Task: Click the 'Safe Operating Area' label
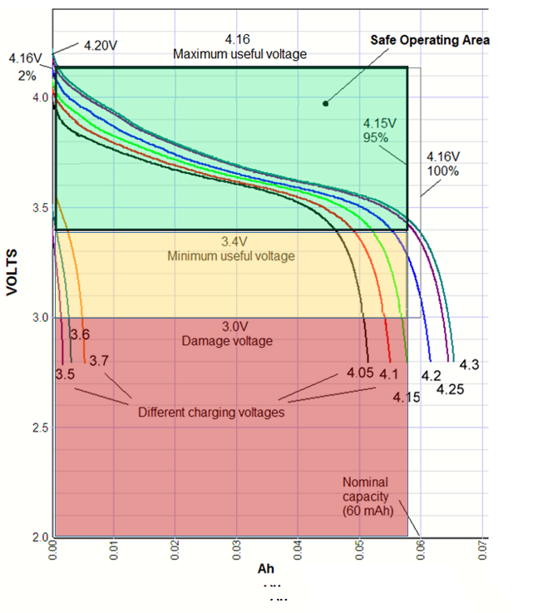click(x=430, y=40)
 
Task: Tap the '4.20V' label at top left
click(x=104, y=45)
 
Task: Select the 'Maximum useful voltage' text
click(x=239, y=54)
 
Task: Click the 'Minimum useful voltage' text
click(x=231, y=255)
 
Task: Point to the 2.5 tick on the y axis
click(x=40, y=428)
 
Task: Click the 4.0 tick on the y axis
click(x=40, y=97)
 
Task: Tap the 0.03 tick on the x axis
click(x=237, y=550)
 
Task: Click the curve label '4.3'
click(x=470, y=364)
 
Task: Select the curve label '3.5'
click(x=64, y=374)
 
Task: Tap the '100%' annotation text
click(x=442, y=170)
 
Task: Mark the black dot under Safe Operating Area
click(x=325, y=104)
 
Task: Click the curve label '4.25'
click(x=450, y=388)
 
